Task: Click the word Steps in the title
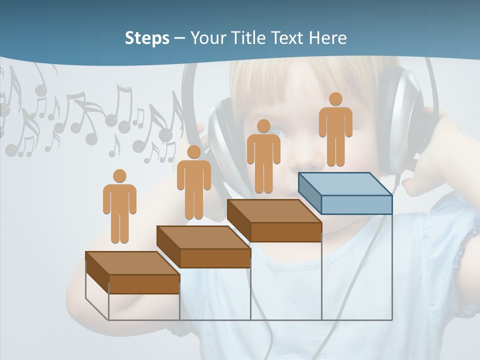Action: pyautogui.click(x=147, y=38)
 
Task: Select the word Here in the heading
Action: pyautogui.click(x=327, y=38)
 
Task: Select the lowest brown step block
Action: pyautogui.click(x=132, y=272)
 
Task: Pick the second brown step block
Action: pyautogui.click(x=203, y=246)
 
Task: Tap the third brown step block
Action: pyautogui.click(x=274, y=220)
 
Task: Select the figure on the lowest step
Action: pyautogui.click(x=119, y=208)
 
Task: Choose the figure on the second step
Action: pyautogui.click(x=193, y=184)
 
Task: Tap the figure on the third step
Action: pyautogui.click(x=263, y=158)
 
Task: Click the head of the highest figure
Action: pyautogui.click(x=335, y=99)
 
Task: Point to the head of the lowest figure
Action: pyautogui.click(x=119, y=176)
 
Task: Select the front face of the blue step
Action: pyautogui.click(x=356, y=204)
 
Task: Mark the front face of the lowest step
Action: pyautogui.click(x=144, y=284)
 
